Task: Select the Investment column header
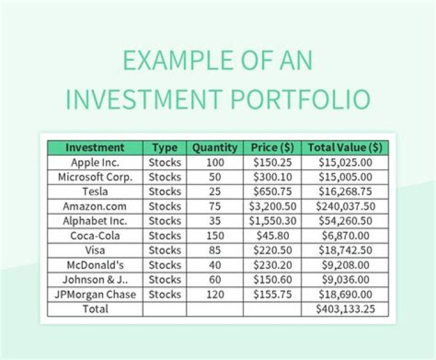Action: pyautogui.click(x=95, y=147)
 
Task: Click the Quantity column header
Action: pyautogui.click(x=215, y=147)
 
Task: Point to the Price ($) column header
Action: pyautogui.click(x=272, y=147)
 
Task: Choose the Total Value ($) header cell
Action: pyautogui.click(x=345, y=147)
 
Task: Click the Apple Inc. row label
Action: pyautogui.click(x=95, y=162)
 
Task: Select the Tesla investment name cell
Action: pyautogui.click(x=95, y=192)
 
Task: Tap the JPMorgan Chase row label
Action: pyautogui.click(x=95, y=295)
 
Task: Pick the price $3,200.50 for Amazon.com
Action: pyautogui.click(x=272, y=206)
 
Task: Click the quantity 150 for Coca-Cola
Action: pyautogui.click(x=215, y=236)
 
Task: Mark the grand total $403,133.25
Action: pyautogui.click(x=345, y=309)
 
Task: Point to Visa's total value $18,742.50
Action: pyautogui.click(x=345, y=250)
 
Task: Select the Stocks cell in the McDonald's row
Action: pyautogui.click(x=165, y=265)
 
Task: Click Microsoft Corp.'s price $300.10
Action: pyautogui.click(x=272, y=177)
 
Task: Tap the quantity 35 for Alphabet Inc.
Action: pyautogui.click(x=215, y=221)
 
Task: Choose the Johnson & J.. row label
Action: pyautogui.click(x=95, y=279)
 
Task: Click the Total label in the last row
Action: pyautogui.click(x=95, y=309)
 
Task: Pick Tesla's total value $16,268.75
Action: pyautogui.click(x=345, y=192)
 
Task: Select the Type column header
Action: pyautogui.click(x=165, y=147)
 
